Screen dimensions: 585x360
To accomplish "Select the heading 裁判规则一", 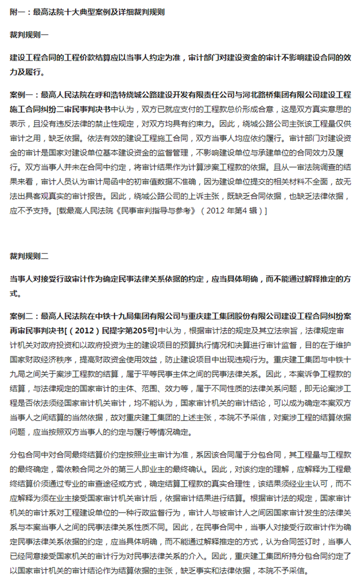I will pyautogui.click(x=29, y=35).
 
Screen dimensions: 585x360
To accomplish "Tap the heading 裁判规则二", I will pyautogui.click(x=29, y=256).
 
